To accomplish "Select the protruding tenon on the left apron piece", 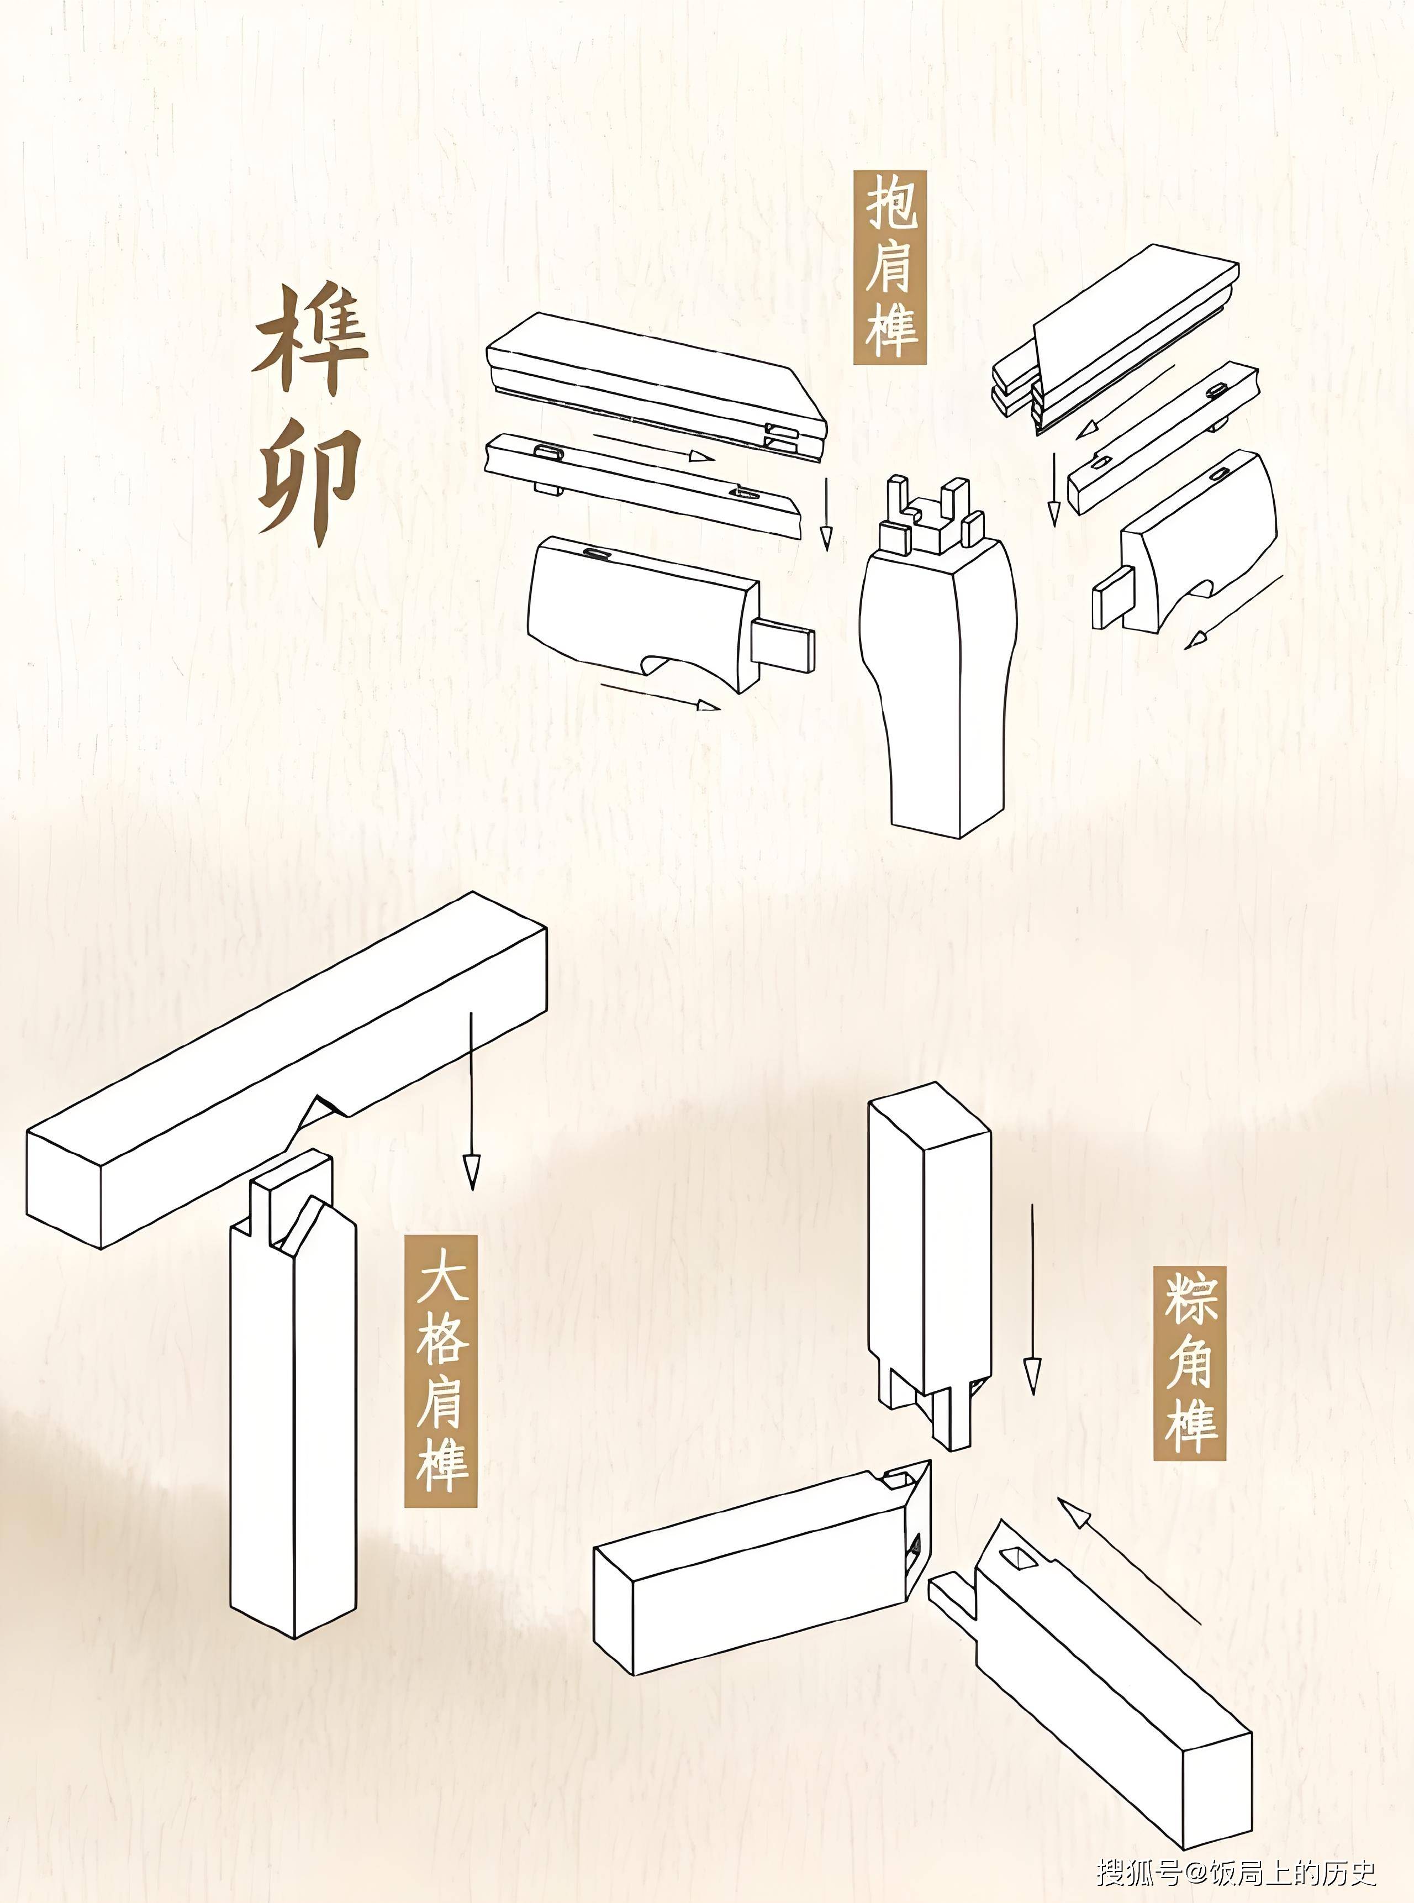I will pos(783,648).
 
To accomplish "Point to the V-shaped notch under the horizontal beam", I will pos(321,1113).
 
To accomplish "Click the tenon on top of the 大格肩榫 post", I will pos(291,1194).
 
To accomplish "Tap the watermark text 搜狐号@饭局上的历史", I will pos(1237,1872).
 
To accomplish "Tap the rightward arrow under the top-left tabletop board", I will pos(655,446).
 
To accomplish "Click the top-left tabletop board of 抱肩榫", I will pos(651,377).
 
